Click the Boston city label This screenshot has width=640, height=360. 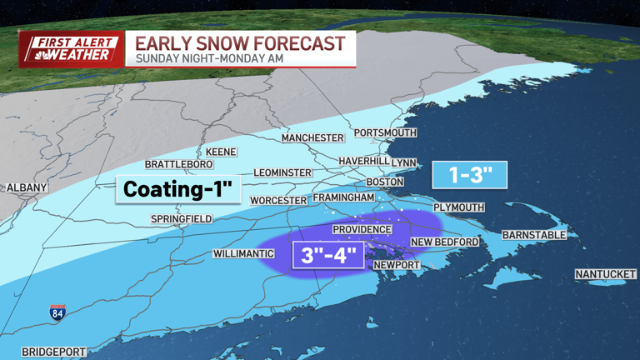pos(385,182)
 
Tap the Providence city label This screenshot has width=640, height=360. pos(362,229)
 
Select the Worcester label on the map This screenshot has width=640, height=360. pos(279,200)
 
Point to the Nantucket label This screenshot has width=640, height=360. pos(605,274)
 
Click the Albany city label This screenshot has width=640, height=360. pos(27,187)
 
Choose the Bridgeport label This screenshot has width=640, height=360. pos(53,352)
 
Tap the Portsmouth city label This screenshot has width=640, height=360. pos(385,132)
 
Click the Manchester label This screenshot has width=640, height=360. pos(312,137)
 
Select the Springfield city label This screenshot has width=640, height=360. pos(181,219)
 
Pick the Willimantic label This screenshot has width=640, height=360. pos(243,253)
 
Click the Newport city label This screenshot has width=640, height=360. pos(396,265)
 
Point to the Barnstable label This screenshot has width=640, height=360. pos(533,235)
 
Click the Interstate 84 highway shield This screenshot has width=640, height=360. pos(57,312)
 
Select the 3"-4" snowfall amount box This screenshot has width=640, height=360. pos(327,254)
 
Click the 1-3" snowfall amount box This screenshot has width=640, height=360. pos(469,175)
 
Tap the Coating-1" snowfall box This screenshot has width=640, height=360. pos(178,190)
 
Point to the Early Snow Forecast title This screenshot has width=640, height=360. pos(240,43)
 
